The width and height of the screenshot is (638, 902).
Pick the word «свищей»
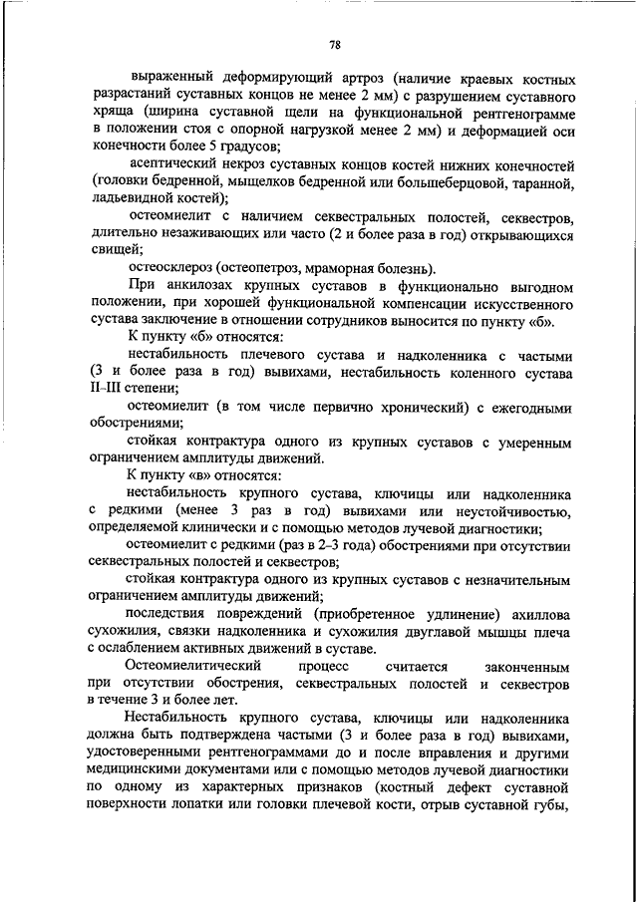[x=115, y=250]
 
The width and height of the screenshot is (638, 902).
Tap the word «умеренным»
[x=526, y=441]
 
